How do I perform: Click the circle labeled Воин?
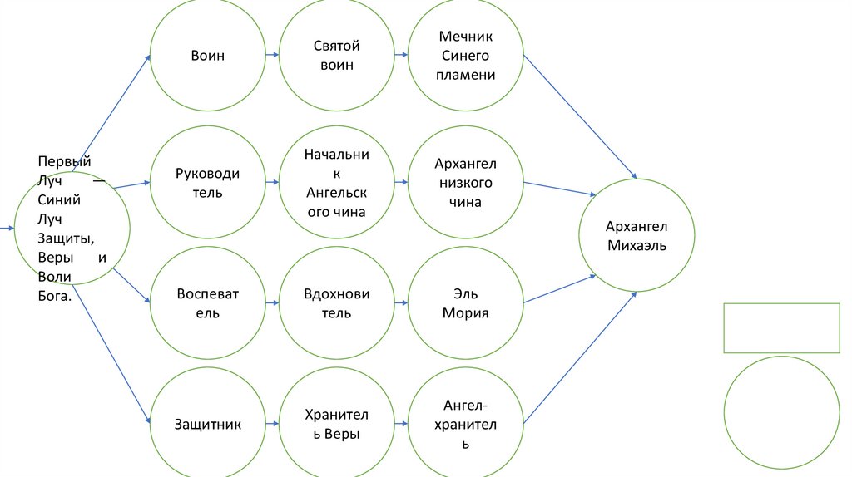208,56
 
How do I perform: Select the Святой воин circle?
337,56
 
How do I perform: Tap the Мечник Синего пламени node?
466,56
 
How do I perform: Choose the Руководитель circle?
208,183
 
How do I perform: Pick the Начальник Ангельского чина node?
337,183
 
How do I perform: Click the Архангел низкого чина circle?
466,183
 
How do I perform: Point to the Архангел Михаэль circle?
637,236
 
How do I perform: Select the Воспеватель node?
208,303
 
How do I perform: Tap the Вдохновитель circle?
337,303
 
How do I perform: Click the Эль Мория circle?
466,303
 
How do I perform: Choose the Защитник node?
208,425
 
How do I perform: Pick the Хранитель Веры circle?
337,425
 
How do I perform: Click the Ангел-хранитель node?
466,425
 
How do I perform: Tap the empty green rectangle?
781,328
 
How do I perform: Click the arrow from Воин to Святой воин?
272,56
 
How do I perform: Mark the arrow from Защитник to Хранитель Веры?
272,425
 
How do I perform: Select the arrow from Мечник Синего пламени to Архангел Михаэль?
580,117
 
